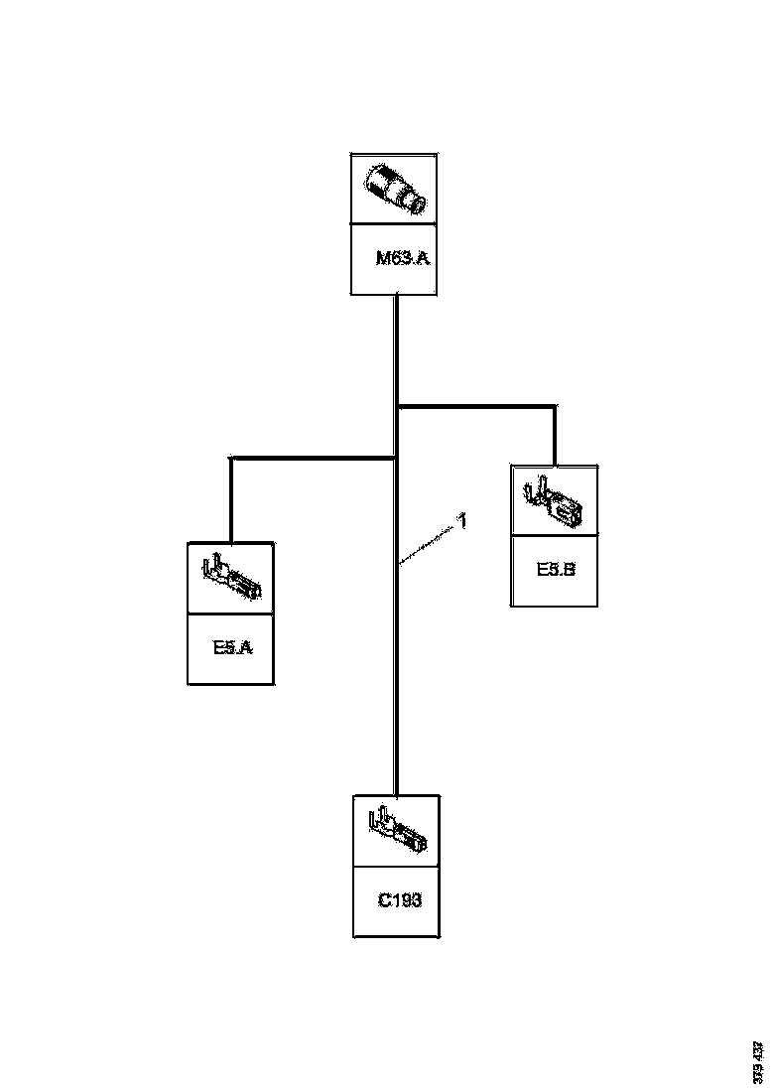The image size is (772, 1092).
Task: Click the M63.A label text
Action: pyautogui.click(x=402, y=260)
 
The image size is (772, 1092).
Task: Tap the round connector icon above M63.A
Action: pyautogui.click(x=395, y=189)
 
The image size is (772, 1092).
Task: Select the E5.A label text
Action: pyautogui.click(x=233, y=648)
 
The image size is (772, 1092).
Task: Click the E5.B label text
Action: pyautogui.click(x=556, y=570)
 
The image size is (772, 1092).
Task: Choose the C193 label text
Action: pyautogui.click(x=400, y=900)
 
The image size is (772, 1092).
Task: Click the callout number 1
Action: pyautogui.click(x=462, y=519)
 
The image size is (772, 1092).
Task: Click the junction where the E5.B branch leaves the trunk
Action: pyautogui.click(x=397, y=405)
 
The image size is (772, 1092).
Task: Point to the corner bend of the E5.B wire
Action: pyautogui.click(x=555, y=405)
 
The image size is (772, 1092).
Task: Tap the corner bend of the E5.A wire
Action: pyautogui.click(x=231, y=459)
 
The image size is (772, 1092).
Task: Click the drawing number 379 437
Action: pyautogui.click(x=758, y=1062)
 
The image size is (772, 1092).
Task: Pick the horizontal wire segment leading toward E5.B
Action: pyautogui.click(x=476, y=405)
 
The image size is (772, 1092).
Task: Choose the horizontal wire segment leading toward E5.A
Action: pyautogui.click(x=314, y=458)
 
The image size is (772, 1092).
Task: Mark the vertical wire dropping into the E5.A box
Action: pyautogui.click(x=231, y=501)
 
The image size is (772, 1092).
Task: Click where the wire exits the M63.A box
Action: pyautogui.click(x=397, y=296)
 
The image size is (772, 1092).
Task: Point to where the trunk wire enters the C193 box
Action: pyautogui.click(x=397, y=794)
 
